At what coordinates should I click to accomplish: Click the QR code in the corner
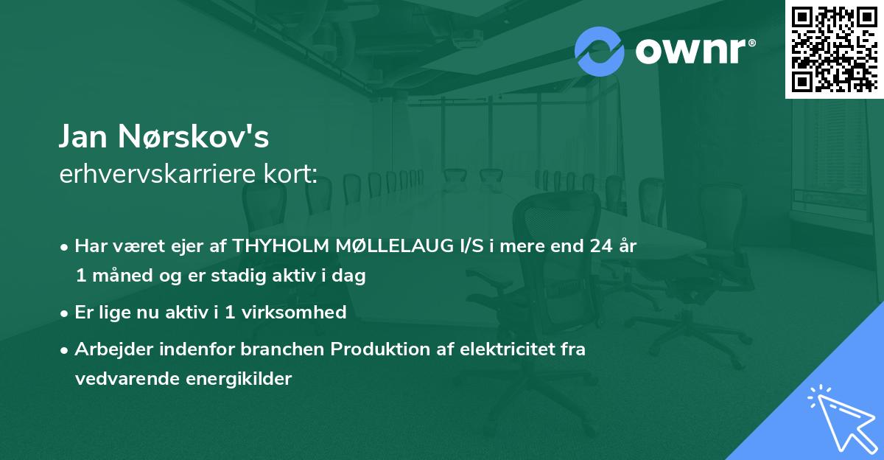[x=834, y=49]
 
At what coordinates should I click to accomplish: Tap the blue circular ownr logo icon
[x=599, y=51]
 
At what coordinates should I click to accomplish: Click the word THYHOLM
[x=278, y=246]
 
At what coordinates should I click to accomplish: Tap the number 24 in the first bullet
[x=601, y=246]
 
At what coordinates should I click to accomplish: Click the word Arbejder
[x=110, y=349]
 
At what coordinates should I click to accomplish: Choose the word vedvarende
[x=116, y=379]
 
